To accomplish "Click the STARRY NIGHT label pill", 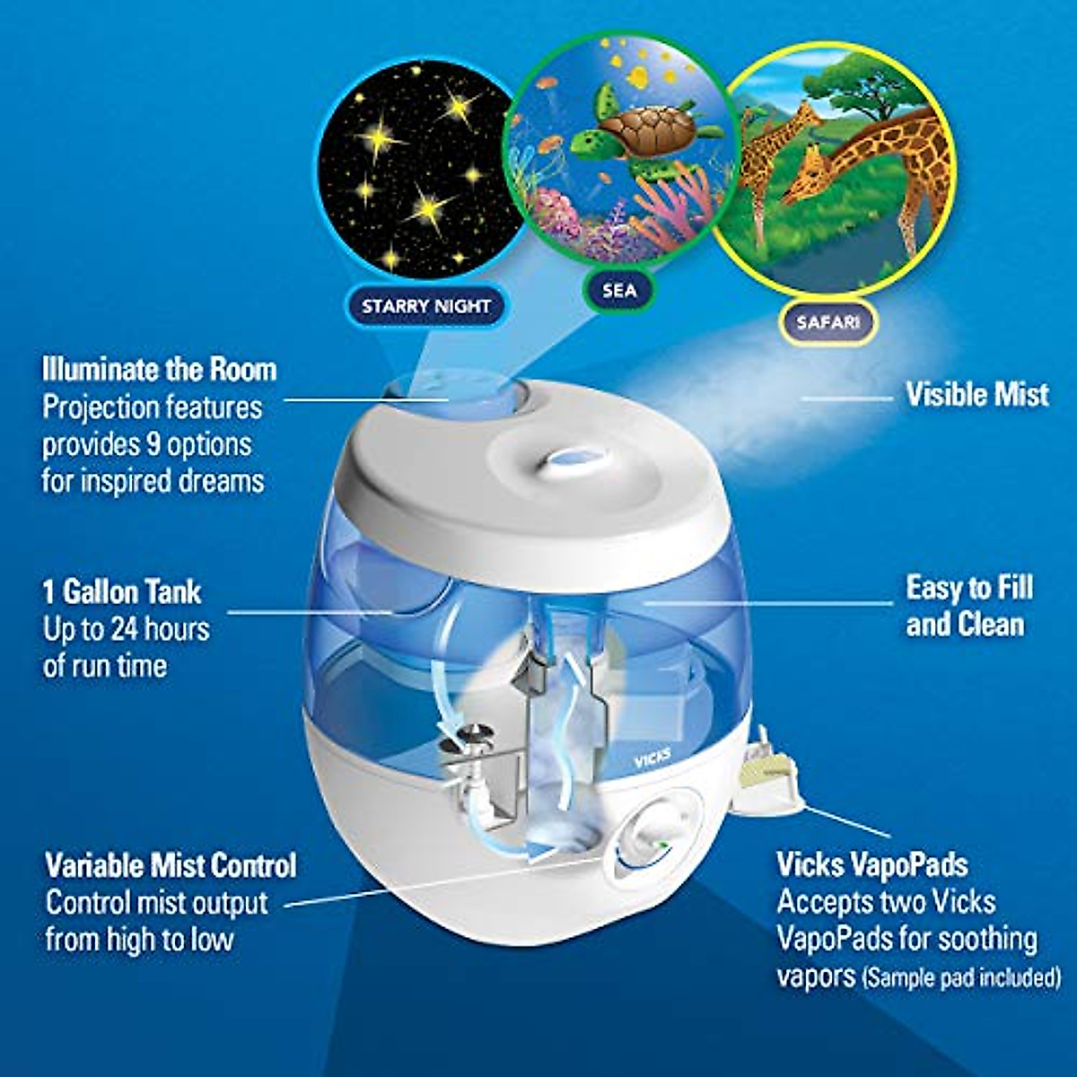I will [425, 307].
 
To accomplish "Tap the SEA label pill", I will [618, 290].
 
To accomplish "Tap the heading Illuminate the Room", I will [159, 370].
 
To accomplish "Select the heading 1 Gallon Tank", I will [122, 592].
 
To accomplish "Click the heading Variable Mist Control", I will [171, 866].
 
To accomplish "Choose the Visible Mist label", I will [976, 395].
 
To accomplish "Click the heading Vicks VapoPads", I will [871, 865].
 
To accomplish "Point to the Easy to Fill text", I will [969, 589].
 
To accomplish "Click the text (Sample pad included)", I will [960, 977].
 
